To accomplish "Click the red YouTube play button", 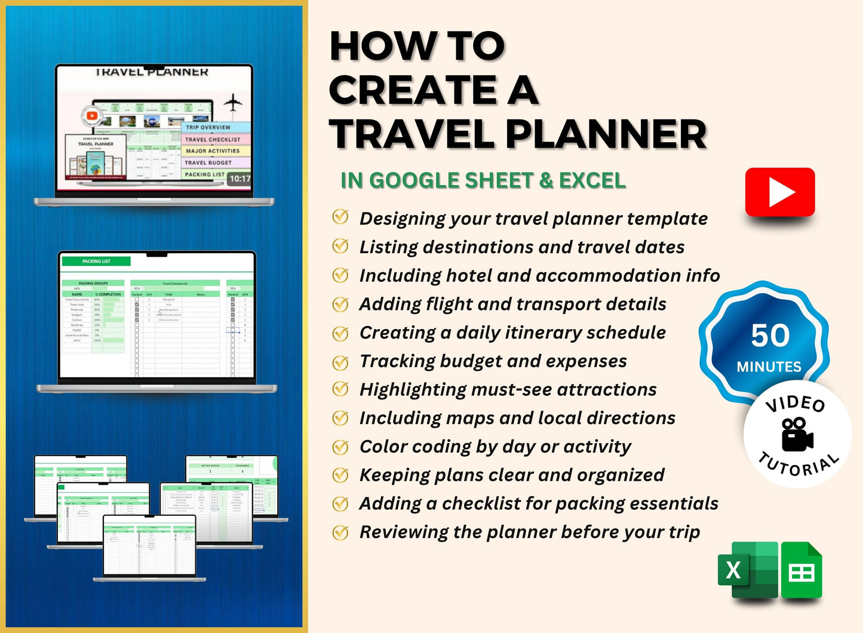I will point(780,192).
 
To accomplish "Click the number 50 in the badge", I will point(770,336).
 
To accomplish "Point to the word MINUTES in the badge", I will point(769,367).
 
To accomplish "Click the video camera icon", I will point(797,434).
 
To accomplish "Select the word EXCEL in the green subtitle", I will point(592,180).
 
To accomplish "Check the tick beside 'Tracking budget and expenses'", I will point(340,361).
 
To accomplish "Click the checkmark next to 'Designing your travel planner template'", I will point(340,217).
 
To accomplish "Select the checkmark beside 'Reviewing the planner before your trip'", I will point(340,531).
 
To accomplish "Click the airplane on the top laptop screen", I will point(233,104).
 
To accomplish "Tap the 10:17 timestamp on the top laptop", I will point(239,179).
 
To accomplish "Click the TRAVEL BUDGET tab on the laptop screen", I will point(208,162).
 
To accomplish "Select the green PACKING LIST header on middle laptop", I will point(96,262).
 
